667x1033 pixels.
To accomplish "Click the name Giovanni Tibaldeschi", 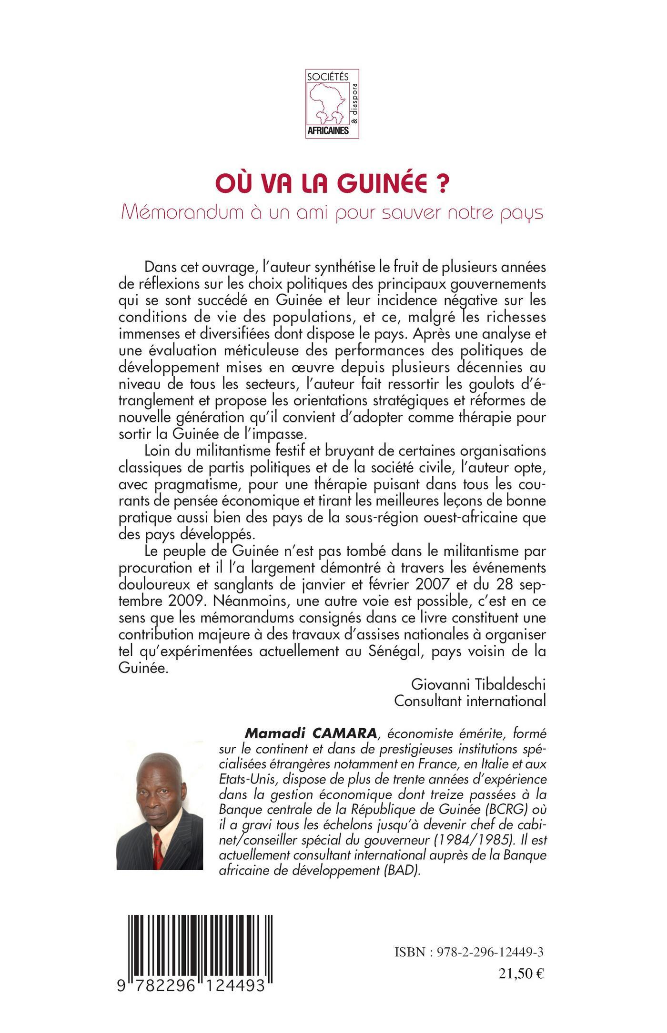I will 478,684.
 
